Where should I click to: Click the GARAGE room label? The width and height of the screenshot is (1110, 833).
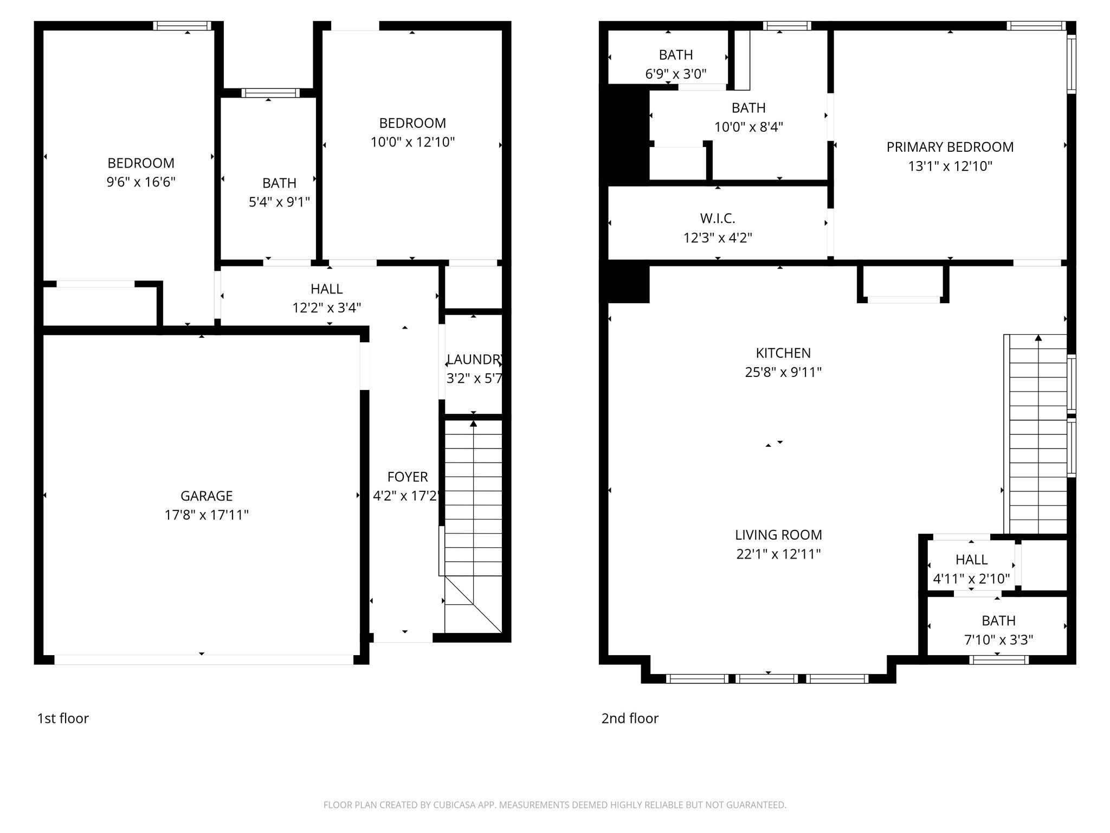coord(206,496)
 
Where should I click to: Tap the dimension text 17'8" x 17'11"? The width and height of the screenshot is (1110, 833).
coord(206,515)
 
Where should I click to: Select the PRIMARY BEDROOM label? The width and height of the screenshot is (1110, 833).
coord(950,147)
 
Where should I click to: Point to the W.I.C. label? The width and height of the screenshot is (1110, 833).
coord(717,219)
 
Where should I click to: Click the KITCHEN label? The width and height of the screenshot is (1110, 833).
coord(783,353)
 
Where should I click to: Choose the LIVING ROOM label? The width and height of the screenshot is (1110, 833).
coord(778,535)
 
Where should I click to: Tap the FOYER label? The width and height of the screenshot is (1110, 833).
coord(408,477)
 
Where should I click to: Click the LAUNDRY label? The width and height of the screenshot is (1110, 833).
coord(474,360)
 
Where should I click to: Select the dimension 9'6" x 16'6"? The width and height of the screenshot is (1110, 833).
coord(141,182)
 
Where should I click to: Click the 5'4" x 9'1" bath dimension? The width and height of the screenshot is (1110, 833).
coord(279,202)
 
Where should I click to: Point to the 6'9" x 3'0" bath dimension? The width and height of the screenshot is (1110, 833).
coord(675,74)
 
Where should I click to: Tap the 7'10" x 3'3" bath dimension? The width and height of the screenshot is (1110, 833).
coord(998,640)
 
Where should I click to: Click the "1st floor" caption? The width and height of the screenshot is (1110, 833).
coord(63,718)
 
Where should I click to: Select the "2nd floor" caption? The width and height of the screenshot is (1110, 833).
coord(630,718)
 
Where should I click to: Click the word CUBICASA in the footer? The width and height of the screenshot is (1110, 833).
coord(454,805)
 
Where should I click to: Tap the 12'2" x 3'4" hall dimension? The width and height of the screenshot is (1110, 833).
coord(326,308)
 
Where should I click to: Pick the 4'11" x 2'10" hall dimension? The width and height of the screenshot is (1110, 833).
coord(971,579)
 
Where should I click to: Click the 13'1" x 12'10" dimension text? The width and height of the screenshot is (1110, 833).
coord(950,166)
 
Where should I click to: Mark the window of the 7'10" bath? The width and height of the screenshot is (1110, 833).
coord(998,660)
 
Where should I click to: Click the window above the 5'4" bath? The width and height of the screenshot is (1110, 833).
coord(270,93)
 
